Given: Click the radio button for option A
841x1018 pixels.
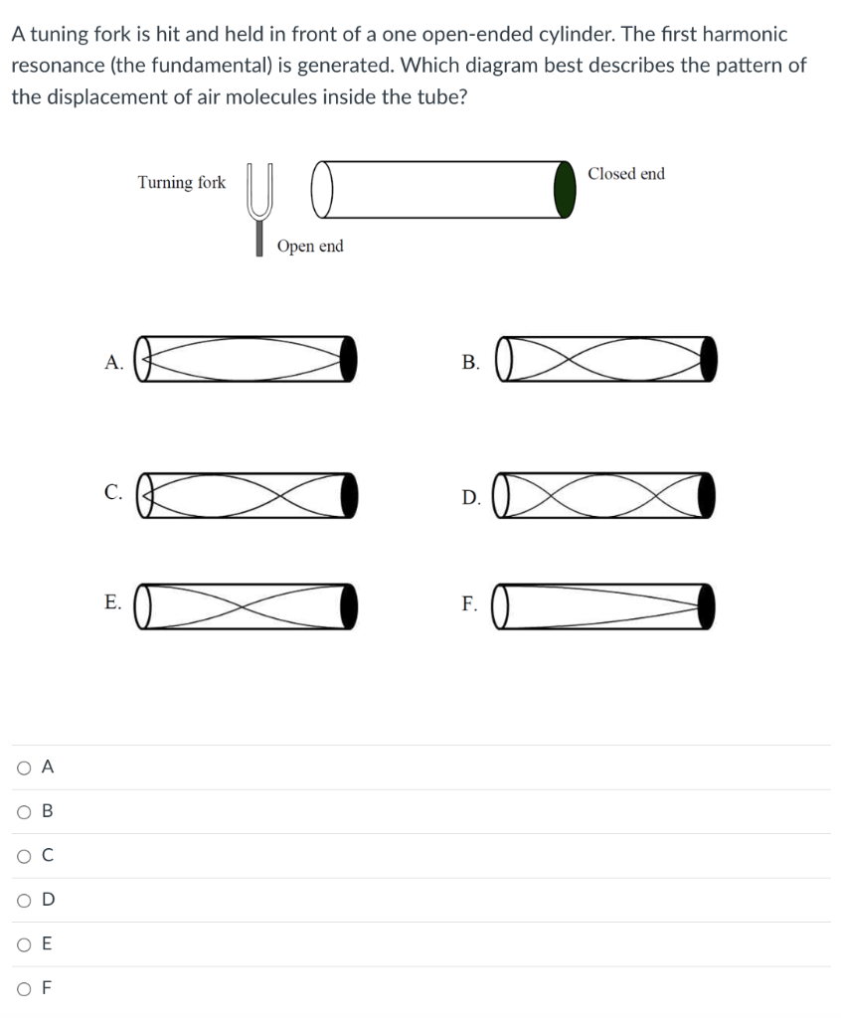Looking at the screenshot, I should tap(21, 766).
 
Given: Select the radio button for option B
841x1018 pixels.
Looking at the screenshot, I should tap(21, 810).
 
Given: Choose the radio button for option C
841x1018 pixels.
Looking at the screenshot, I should tap(21, 855).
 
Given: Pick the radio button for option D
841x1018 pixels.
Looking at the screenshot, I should tap(21, 899).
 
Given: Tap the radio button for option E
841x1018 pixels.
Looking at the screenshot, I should tap(21, 943).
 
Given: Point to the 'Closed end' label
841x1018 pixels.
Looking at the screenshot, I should tap(625, 174).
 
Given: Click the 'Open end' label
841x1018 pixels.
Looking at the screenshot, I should tap(310, 247).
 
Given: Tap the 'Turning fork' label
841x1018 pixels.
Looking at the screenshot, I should tap(182, 183).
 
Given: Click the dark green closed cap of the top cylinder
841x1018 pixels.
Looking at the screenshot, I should tap(565, 190).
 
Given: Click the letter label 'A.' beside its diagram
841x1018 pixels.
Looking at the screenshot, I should tap(114, 363).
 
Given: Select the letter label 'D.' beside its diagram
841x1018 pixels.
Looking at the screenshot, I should tap(471, 497).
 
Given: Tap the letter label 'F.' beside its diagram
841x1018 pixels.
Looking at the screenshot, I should tap(470, 604).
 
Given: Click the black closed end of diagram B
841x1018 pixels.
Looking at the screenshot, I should tap(707, 359).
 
